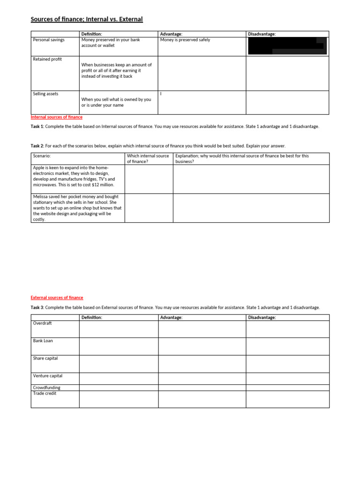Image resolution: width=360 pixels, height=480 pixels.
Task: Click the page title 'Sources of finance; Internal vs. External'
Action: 87,19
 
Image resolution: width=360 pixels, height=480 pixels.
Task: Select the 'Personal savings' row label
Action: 49,40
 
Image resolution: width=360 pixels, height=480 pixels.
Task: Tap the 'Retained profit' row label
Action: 47,59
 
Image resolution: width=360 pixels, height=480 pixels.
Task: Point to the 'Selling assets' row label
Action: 46,94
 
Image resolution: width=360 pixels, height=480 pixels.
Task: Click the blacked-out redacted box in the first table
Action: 287,46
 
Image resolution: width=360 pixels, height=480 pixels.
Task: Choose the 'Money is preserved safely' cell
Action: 185,40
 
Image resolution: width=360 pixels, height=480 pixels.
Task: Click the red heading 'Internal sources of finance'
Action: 57,117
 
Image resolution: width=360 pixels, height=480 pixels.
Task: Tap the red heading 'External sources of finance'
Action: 57,298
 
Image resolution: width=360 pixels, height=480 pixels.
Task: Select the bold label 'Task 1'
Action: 37,127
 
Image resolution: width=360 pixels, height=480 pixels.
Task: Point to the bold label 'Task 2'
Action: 37,146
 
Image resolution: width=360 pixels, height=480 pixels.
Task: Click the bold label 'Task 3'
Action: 37,307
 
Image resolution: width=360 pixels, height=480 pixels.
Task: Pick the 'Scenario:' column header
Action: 42,156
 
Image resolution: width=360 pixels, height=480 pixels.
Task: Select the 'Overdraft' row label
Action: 42,323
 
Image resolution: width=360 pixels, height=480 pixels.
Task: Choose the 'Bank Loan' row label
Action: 43,341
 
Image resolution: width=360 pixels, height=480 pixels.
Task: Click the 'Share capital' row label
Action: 45,358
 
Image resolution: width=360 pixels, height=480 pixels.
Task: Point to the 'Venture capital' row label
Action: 48,376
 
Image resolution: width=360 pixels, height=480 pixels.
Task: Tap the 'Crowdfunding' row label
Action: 47,388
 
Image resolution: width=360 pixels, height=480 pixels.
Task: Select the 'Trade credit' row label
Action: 45,393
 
